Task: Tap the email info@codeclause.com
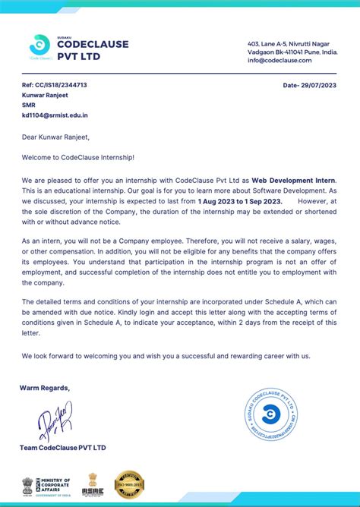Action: [x=279, y=60]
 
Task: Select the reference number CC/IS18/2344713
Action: [x=54, y=85]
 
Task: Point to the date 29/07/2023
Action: [x=309, y=85]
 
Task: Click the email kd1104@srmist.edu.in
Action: [x=55, y=115]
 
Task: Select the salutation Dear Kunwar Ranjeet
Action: [x=55, y=137]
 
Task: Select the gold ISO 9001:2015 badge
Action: [x=129, y=483]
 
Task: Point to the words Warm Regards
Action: [x=45, y=388]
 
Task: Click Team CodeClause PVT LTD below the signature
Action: [x=63, y=448]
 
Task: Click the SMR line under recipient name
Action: [x=29, y=105]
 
